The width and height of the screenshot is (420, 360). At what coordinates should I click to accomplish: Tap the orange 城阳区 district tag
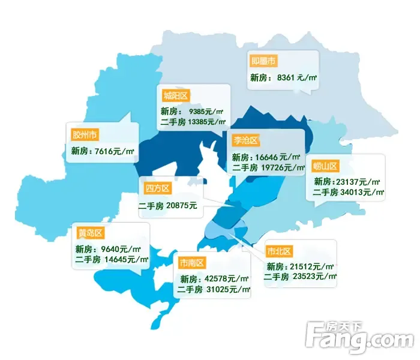tap(175, 95)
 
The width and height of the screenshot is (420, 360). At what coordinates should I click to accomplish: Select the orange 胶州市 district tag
tap(84, 133)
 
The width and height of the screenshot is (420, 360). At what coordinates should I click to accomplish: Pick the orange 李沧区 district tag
tap(245, 140)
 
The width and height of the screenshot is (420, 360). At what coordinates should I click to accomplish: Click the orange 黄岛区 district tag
tap(91, 233)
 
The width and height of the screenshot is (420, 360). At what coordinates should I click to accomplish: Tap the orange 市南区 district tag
tap(192, 262)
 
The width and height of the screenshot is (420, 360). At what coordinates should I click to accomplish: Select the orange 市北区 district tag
tap(279, 251)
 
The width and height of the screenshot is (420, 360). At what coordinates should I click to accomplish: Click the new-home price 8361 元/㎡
tap(293, 78)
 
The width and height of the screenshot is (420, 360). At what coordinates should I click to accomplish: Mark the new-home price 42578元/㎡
tap(227, 278)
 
